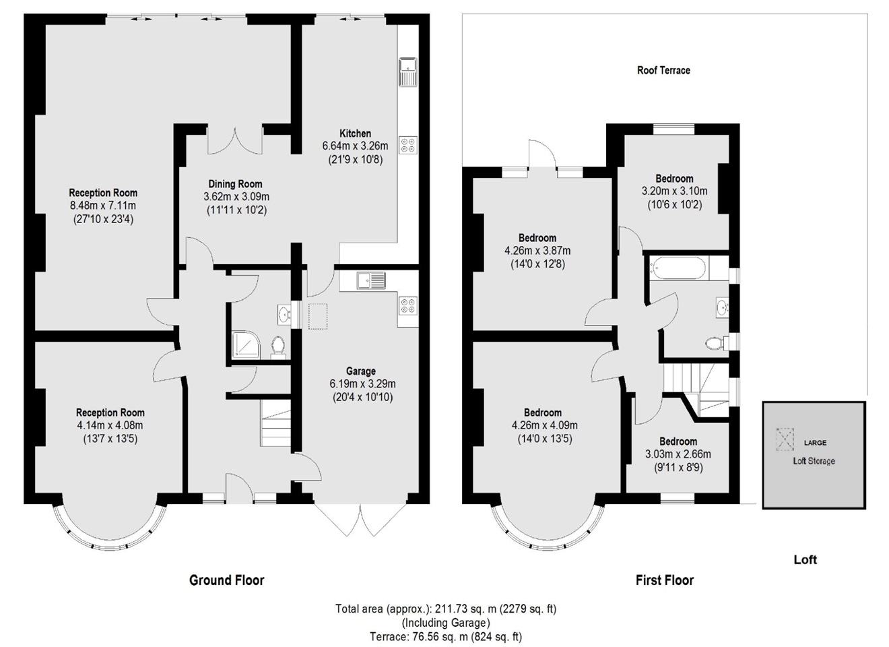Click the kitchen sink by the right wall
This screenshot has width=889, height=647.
click(408, 73)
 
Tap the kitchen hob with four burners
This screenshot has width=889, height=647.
click(408, 145)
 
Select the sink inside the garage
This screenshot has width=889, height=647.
click(371, 280)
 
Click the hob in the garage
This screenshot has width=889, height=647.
click(408, 305)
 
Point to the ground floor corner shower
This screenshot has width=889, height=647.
click(243, 344)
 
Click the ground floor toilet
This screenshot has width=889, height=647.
click(277, 346)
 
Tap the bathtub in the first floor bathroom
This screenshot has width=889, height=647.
click(678, 269)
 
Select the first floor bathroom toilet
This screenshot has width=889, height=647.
click(716, 343)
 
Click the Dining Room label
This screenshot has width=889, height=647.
click(235, 184)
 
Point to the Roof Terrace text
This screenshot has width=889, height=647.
click(663, 70)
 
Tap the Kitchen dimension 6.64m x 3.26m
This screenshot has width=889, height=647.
click(355, 146)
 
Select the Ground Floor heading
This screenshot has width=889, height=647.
click(226, 580)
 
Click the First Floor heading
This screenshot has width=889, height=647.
click(664, 580)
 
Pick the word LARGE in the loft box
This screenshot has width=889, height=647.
click(815, 443)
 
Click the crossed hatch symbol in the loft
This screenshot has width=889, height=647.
click(784, 439)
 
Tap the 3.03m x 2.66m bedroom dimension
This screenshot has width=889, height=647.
click(678, 454)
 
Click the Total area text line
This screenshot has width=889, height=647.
click(445, 609)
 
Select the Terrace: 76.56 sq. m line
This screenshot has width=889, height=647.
click(445, 636)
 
